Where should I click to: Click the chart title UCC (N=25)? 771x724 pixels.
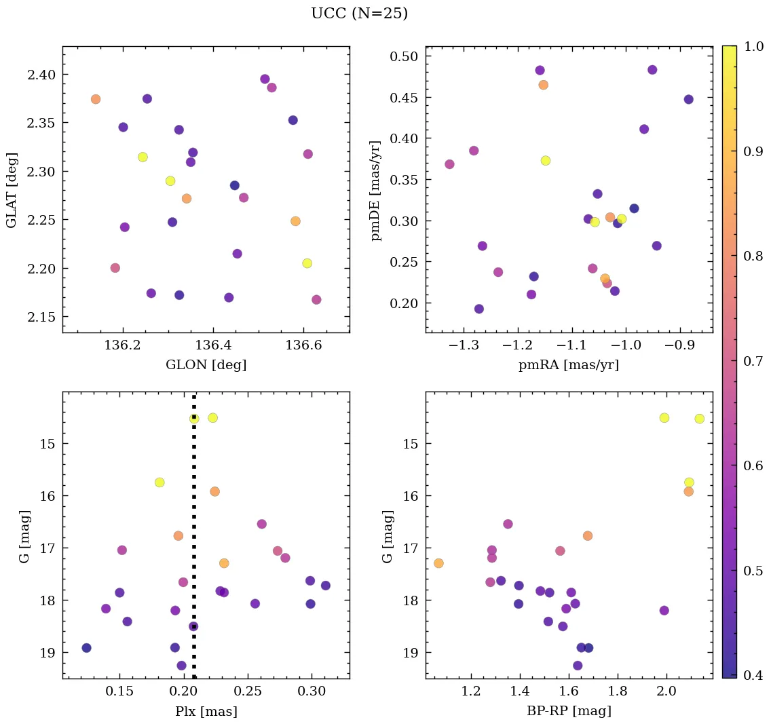click(359, 14)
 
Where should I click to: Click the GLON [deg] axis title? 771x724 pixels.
click(206, 365)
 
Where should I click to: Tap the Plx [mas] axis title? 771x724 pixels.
click(206, 711)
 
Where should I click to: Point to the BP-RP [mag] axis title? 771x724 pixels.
click(569, 711)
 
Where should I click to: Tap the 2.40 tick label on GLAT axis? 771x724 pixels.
click(41, 74)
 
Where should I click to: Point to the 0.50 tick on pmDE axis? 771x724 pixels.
click(403, 56)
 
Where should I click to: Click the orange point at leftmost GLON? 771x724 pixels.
click(96, 99)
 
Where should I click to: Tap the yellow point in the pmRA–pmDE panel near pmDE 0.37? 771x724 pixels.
click(545, 161)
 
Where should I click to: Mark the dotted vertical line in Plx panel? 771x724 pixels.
click(194, 543)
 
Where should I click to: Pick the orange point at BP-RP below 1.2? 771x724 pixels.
click(438, 563)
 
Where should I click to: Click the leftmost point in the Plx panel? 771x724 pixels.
click(86, 648)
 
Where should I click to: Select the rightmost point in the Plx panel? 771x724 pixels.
click(326, 586)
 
